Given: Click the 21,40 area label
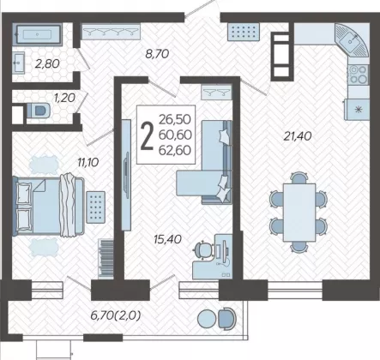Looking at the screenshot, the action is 298,136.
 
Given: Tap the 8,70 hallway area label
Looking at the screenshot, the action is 157,54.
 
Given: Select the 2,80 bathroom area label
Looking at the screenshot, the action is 47,63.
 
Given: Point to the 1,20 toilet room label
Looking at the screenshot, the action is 64,98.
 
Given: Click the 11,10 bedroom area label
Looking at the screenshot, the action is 88,163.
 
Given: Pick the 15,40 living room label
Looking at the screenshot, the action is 167,239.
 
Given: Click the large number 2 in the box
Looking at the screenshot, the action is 147,135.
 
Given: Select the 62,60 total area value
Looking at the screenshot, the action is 175,150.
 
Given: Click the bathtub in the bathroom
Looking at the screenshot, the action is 37,34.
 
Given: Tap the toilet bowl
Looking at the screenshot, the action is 39,111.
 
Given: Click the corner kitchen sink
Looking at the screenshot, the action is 352,40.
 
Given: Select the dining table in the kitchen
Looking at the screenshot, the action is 299,213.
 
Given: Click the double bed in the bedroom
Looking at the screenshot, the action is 49,207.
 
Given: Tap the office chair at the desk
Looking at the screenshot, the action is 203,250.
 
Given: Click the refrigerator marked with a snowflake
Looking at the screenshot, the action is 357,110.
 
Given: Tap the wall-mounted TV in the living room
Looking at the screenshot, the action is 126,175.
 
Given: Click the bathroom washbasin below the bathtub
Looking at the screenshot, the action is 19,63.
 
